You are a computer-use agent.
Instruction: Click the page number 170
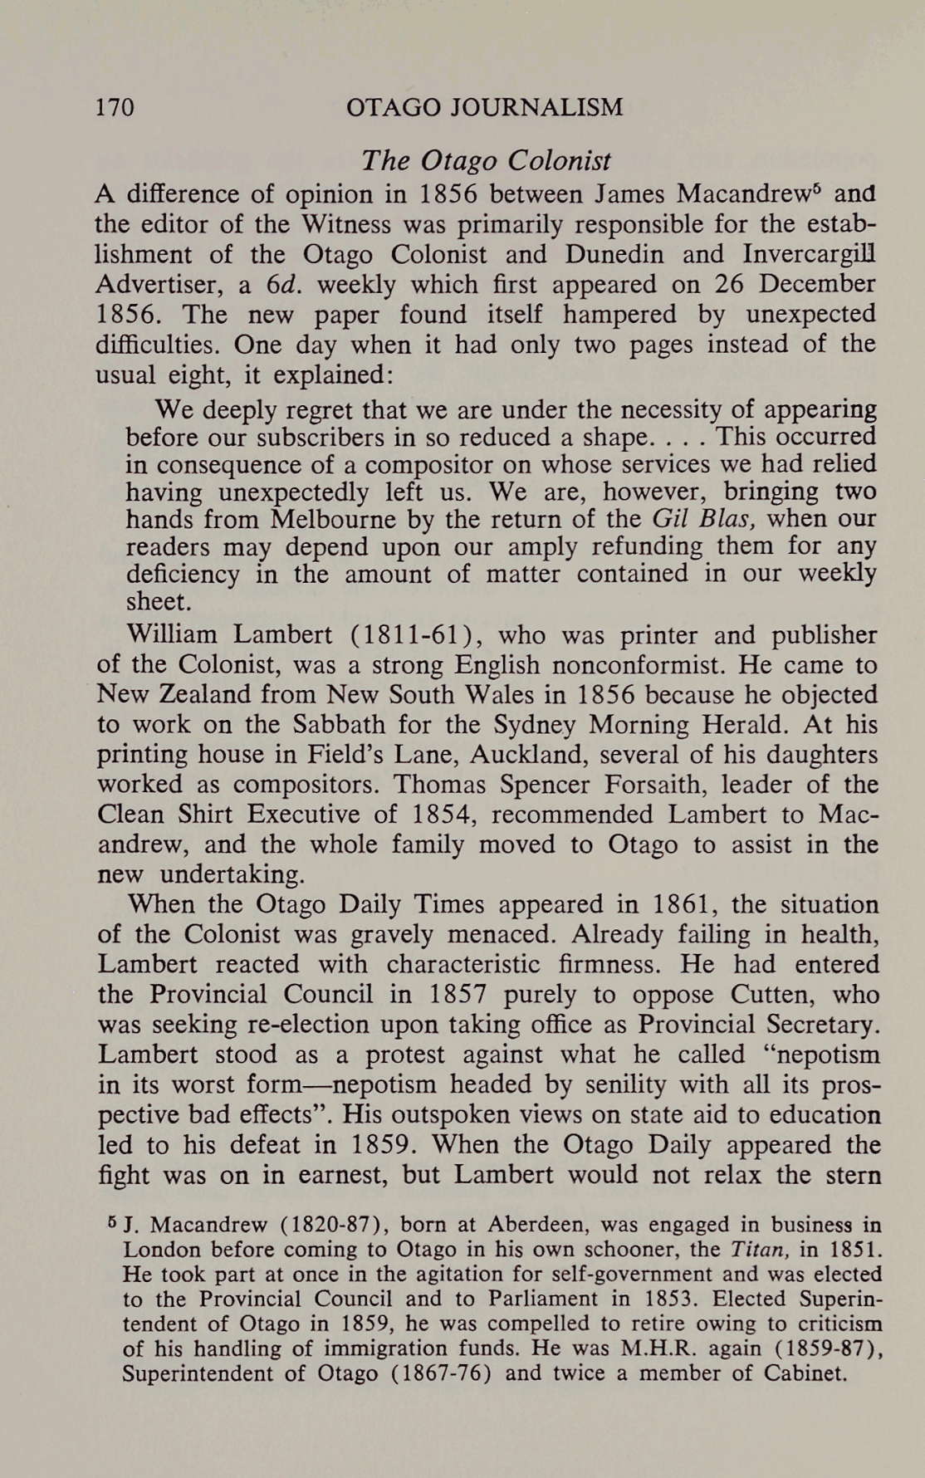(115, 107)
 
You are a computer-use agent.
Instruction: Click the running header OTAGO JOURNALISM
(484, 107)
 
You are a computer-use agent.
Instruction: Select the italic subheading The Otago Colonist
(486, 159)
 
